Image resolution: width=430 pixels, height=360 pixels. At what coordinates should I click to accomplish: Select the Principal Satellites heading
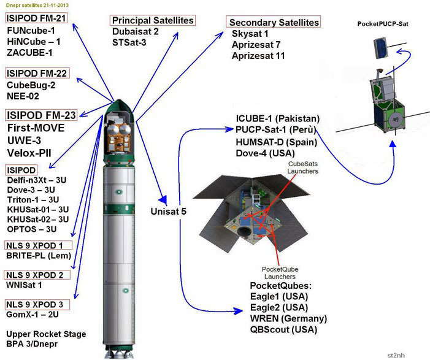(153, 20)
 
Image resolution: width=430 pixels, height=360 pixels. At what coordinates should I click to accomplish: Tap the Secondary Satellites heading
(274, 22)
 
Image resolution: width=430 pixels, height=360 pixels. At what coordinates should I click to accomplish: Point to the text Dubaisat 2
(136, 32)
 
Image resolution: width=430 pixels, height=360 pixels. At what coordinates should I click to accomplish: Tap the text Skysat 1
(250, 34)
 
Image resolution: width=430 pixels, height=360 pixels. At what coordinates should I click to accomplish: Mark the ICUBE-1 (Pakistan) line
(278, 118)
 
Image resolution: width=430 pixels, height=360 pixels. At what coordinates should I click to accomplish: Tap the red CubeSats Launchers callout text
(303, 167)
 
